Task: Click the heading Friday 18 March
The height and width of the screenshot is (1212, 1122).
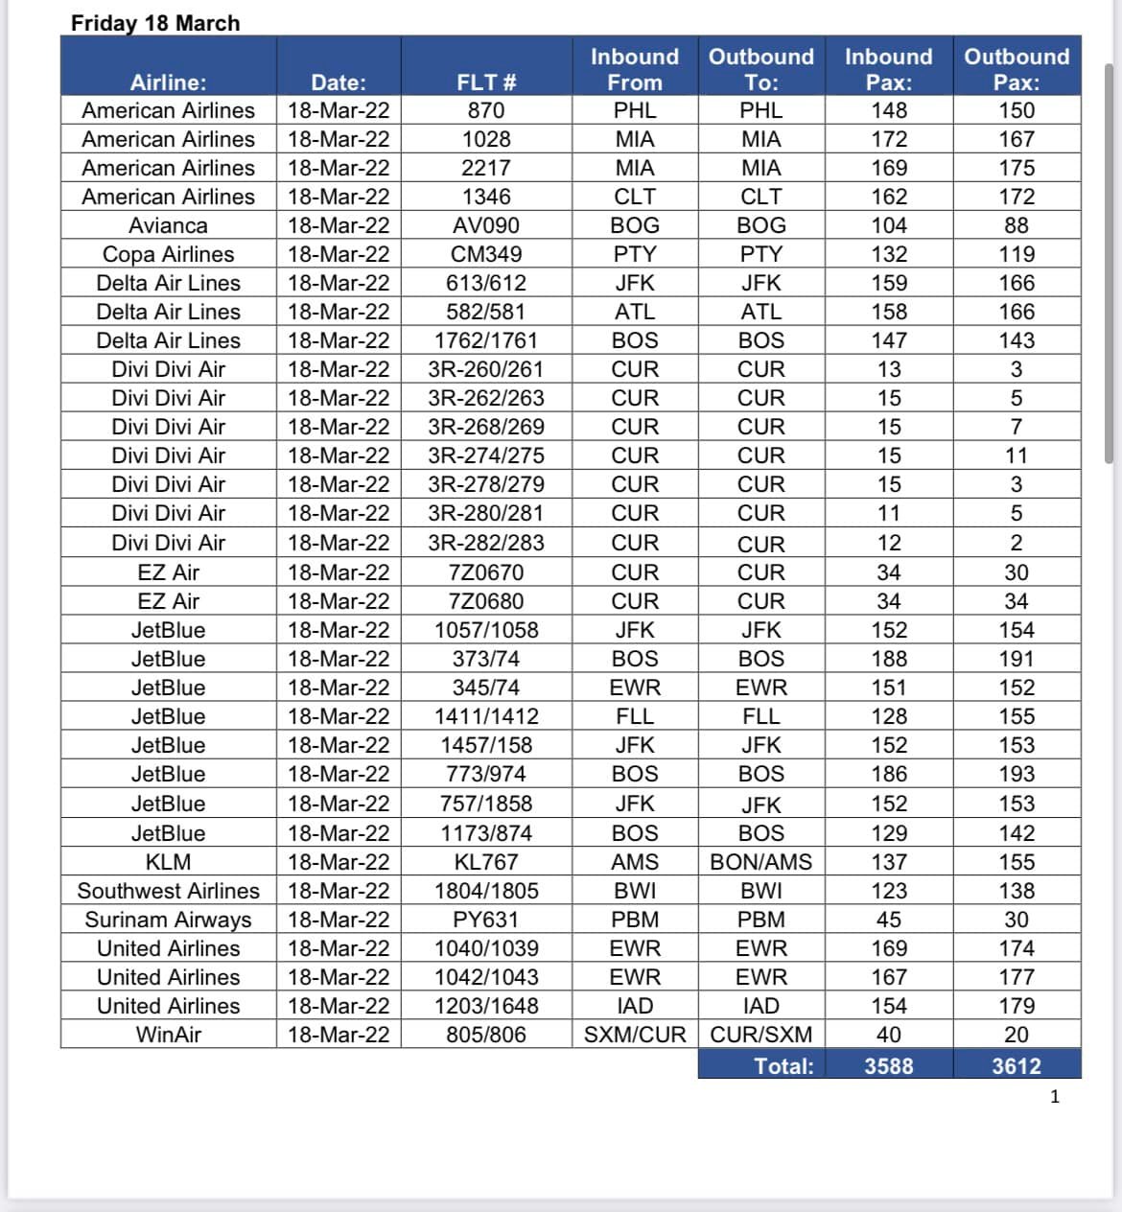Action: (155, 23)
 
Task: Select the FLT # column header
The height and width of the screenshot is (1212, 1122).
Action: (486, 82)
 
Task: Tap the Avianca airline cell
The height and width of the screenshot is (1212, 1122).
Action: (169, 225)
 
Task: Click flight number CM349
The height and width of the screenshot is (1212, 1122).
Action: (486, 254)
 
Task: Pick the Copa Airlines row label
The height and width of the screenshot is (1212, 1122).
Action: (169, 254)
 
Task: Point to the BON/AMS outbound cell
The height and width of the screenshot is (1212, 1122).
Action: (760, 862)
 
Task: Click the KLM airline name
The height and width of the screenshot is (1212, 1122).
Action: (169, 862)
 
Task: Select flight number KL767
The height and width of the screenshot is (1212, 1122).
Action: (486, 862)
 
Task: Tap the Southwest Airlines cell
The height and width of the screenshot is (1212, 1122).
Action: (169, 891)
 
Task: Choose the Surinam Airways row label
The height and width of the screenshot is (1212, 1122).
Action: (169, 920)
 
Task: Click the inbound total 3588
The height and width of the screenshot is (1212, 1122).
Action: (889, 1065)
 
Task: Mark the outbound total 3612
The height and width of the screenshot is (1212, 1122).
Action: (1017, 1065)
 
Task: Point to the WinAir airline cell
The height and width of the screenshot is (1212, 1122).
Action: (169, 1035)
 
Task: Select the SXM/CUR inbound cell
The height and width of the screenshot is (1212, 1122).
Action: (635, 1035)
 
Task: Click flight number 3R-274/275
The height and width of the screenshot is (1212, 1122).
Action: (486, 455)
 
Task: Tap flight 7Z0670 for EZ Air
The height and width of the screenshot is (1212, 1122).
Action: (486, 572)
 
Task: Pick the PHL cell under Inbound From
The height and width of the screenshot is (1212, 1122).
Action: (635, 110)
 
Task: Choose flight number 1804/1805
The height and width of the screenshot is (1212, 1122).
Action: (486, 891)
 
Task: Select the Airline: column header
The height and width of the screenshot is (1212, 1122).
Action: (169, 82)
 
